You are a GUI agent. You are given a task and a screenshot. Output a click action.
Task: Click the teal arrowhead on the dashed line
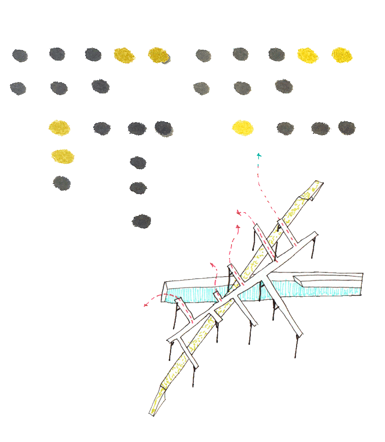coord(259,155)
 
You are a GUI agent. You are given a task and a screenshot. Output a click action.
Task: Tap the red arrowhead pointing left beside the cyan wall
coord(146,304)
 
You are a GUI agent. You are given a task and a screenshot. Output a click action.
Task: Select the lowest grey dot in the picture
coord(142,221)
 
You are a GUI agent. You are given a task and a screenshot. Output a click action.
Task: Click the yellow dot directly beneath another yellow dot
coord(62,156)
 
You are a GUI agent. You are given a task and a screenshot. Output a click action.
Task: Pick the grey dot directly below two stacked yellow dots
coord(62,183)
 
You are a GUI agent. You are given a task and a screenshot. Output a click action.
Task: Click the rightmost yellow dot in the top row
coord(342,55)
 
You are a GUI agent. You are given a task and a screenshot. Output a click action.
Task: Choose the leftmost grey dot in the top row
coord(20,55)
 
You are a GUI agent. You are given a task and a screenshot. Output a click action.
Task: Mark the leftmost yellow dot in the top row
coord(124,55)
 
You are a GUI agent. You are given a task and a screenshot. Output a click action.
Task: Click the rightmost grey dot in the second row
coord(284,86)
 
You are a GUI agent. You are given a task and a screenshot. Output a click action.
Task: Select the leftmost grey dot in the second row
coord(18,88)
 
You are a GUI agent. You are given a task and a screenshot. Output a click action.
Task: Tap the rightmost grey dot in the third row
coord(347,128)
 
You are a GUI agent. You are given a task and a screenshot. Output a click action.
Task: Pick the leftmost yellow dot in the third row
coord(59,128)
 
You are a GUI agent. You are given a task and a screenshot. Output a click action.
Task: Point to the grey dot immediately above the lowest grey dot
coord(138,188)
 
